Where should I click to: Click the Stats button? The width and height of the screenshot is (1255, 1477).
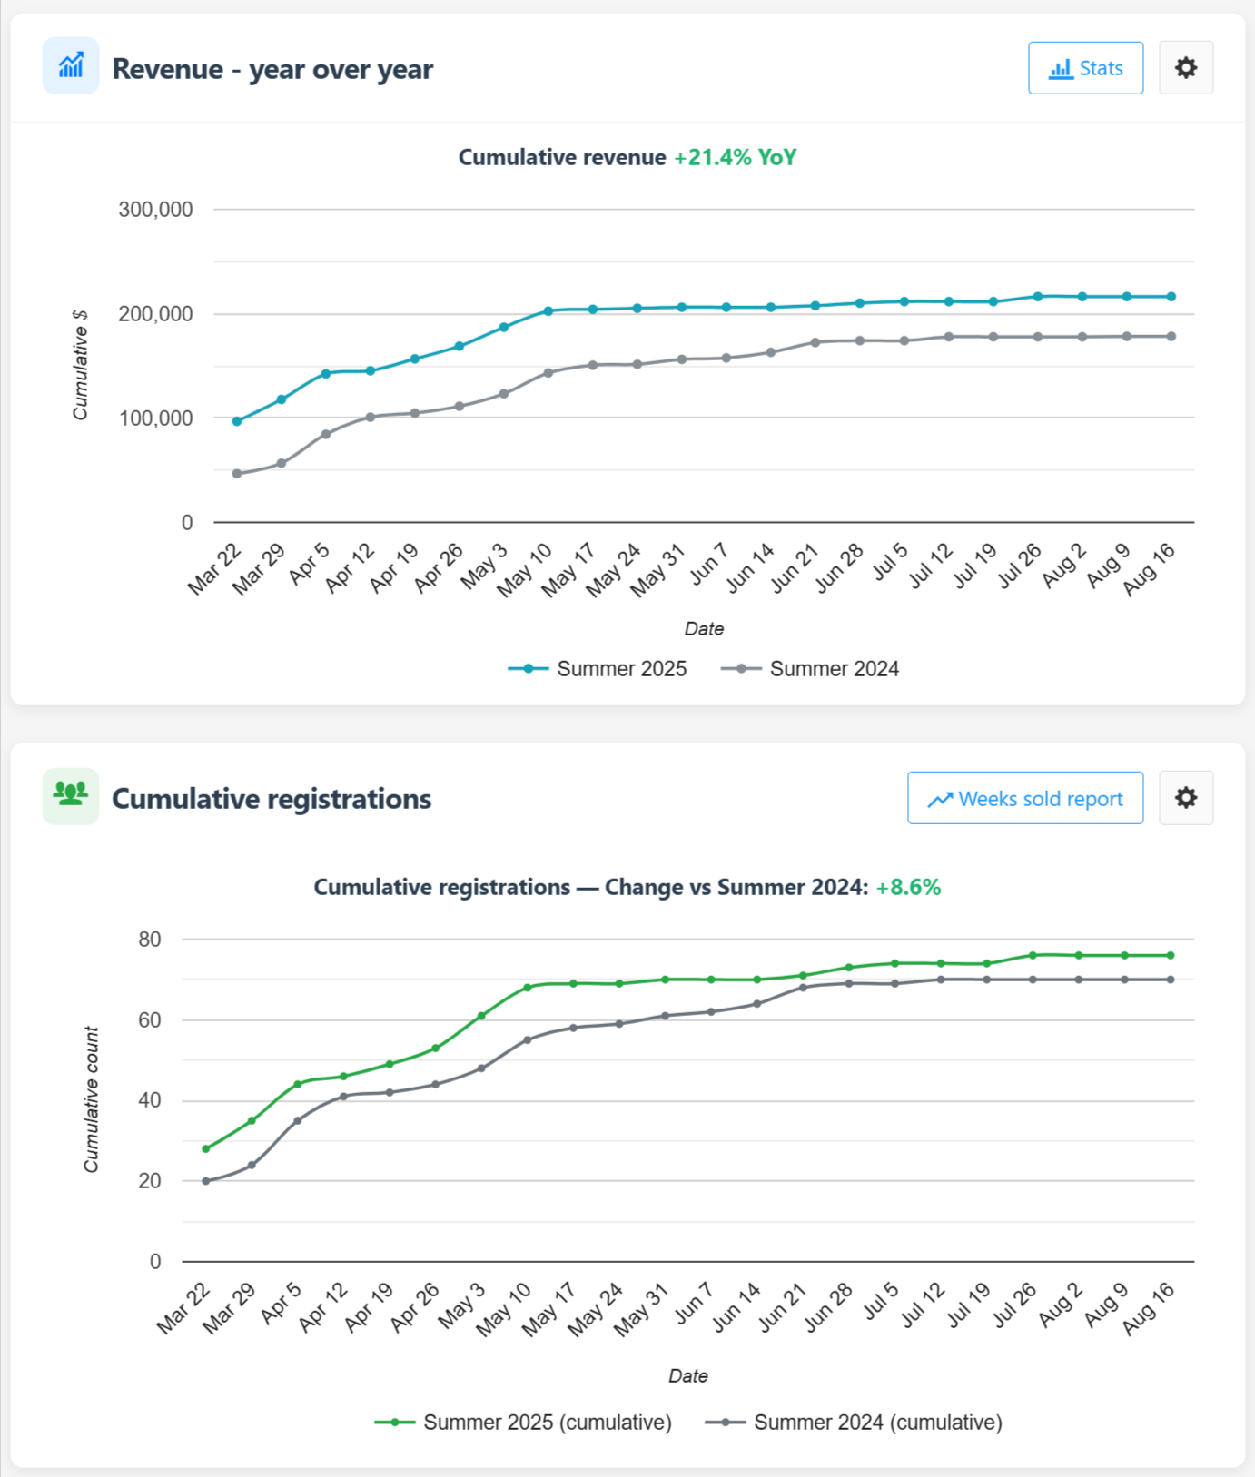coord(1085,68)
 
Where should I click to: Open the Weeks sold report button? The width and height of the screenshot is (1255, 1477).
coord(1024,798)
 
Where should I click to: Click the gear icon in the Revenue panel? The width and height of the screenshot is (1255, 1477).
coord(1185,68)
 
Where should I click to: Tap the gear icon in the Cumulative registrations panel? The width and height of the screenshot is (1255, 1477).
coord(1185,798)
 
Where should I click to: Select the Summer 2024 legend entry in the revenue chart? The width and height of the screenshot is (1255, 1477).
coord(810,669)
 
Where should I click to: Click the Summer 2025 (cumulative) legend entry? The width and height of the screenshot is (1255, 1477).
coord(523,1423)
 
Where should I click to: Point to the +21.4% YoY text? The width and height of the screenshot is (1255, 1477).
coord(735,157)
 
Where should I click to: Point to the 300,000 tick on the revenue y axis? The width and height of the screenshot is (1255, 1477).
coord(155,210)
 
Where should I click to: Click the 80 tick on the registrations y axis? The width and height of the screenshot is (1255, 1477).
coord(150,940)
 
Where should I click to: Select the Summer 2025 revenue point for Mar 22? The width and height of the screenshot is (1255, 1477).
coord(237,421)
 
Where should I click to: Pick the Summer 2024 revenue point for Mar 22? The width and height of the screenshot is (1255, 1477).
coord(237,474)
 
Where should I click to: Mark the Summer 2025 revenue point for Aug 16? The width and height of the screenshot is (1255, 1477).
coord(1171,297)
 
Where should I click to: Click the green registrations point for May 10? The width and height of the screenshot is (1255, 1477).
coord(528,988)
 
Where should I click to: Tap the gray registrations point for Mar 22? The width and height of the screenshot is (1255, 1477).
coord(206,1181)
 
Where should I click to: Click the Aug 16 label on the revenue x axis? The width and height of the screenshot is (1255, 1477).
coord(1150,569)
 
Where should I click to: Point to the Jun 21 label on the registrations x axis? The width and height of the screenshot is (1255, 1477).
coord(783,1307)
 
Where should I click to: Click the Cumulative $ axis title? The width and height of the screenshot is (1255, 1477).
coord(81,365)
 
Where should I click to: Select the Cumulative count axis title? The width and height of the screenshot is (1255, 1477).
coord(91,1099)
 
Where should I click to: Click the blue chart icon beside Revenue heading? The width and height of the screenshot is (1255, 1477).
coord(71,66)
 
